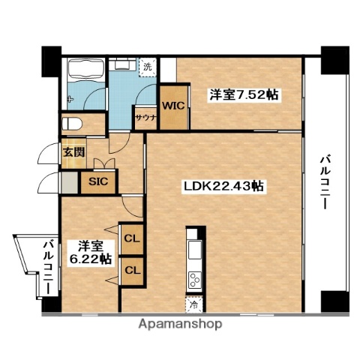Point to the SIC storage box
coord(97,181)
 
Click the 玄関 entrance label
coord(73,152)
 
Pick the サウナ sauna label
coord(145,118)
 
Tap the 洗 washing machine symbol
coord(148,66)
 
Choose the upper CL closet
coord(131,239)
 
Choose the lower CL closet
coord(131,269)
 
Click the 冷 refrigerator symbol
coord(194,306)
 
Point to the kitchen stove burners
coord(194,281)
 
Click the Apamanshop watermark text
coord(180,324)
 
